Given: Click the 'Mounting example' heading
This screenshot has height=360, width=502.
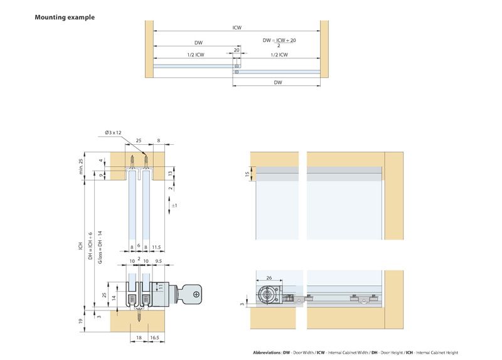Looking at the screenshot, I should [65, 17].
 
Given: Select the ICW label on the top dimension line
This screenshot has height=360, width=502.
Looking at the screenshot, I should [236, 28].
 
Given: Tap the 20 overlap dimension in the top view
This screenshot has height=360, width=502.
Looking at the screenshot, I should [236, 50].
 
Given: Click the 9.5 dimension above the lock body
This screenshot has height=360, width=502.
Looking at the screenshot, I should [159, 260].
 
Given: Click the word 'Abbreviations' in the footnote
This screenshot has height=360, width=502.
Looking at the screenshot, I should [266, 352].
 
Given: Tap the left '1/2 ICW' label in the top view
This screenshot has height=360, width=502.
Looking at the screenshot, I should [195, 55].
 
